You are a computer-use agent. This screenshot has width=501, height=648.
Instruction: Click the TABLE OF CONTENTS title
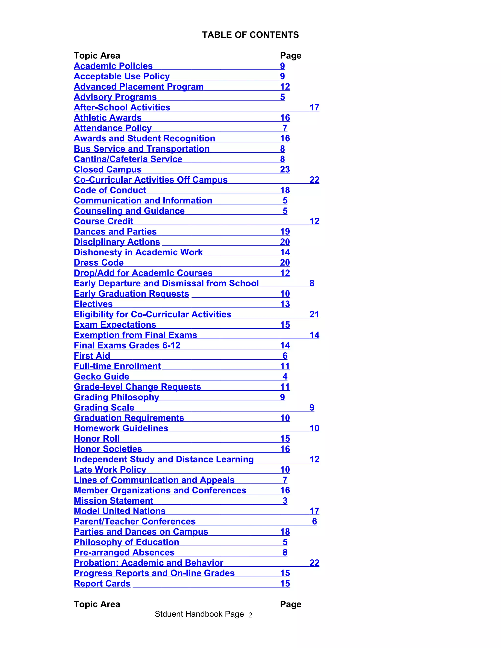pyautogui.click(x=250, y=35)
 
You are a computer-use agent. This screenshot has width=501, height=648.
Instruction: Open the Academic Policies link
pyautogui.click(x=113, y=66)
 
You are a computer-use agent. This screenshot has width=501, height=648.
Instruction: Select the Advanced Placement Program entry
pyautogui.click(x=139, y=87)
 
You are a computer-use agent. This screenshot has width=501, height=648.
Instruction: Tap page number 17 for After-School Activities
pyautogui.click(x=314, y=107)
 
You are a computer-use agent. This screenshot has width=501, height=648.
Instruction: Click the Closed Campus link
pyautogui.click(x=107, y=169)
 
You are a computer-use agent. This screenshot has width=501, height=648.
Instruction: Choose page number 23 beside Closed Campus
pyautogui.click(x=285, y=169)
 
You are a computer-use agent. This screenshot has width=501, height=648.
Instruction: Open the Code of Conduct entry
pyautogui.click(x=110, y=190)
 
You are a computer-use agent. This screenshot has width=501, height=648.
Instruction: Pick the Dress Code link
pyautogui.click(x=99, y=263)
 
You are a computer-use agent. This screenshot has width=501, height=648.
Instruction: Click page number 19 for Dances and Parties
pyautogui.click(x=285, y=231)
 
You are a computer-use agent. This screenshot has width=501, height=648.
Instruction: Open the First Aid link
pyautogui.click(x=92, y=356)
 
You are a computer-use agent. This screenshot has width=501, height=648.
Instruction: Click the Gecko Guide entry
pyautogui.click(x=102, y=377)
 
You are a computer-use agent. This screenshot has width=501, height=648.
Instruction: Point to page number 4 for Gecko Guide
pyautogui.click(x=285, y=377)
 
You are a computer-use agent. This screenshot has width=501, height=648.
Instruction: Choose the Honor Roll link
pyautogui.click(x=96, y=438)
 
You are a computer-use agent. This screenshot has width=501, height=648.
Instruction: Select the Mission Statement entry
pyautogui.click(x=113, y=501)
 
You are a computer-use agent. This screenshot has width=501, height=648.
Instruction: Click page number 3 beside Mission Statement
pyautogui.click(x=285, y=501)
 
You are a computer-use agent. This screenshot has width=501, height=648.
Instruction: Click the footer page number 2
pyautogui.click(x=250, y=615)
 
